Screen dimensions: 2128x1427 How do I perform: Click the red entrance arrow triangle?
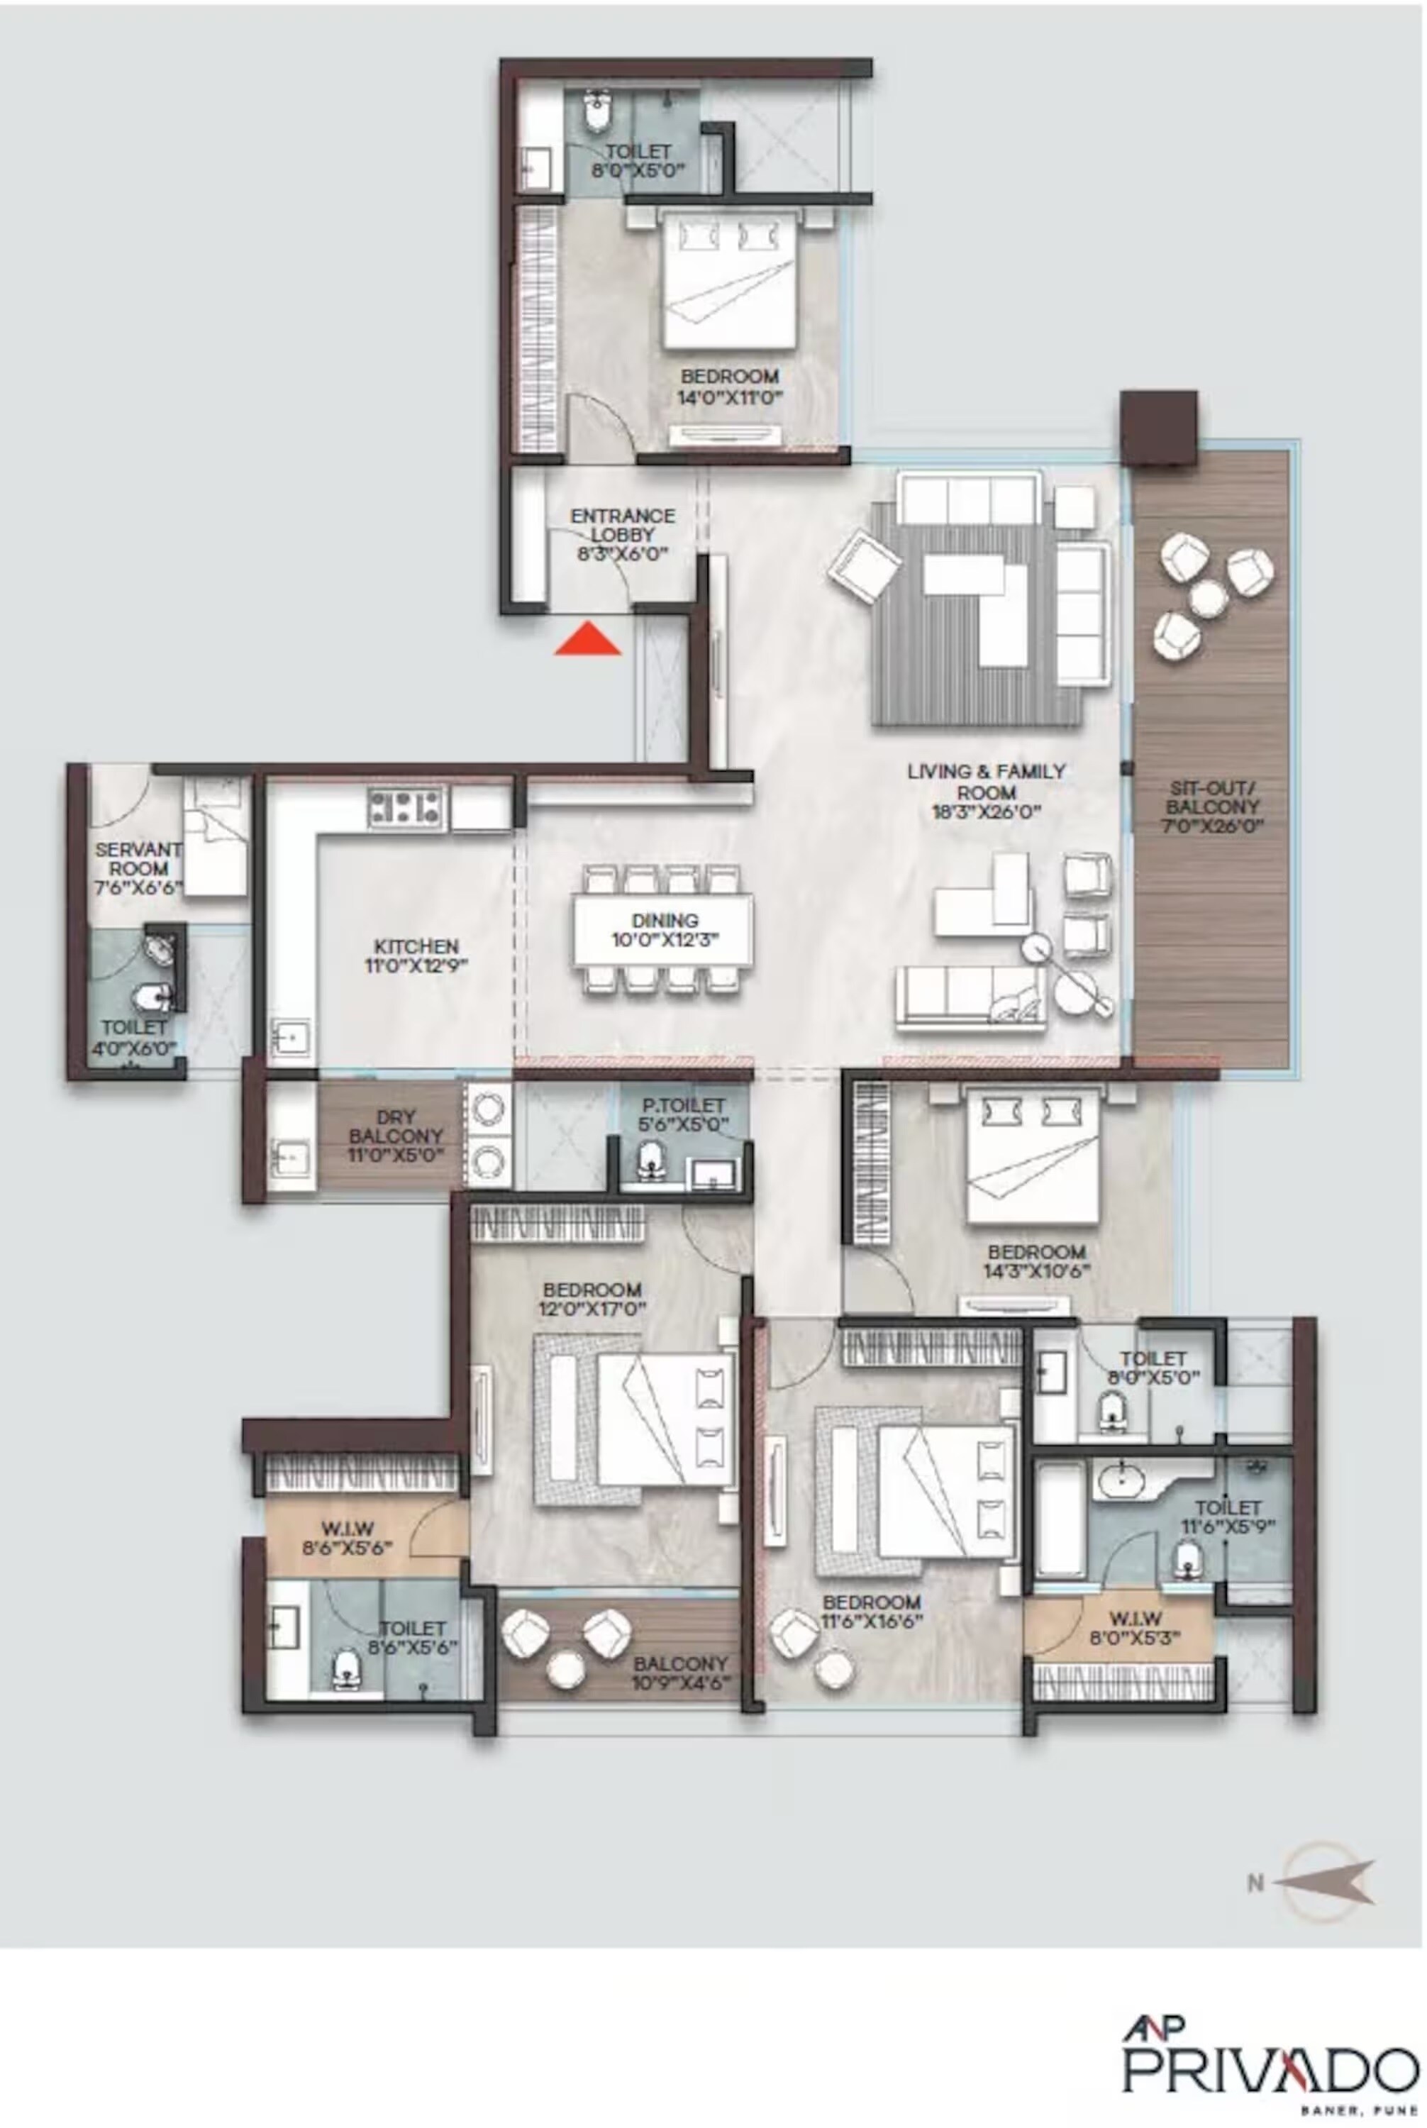(x=588, y=641)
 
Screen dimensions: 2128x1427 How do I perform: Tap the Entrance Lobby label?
(x=623, y=533)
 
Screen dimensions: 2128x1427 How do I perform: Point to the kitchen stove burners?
(x=405, y=807)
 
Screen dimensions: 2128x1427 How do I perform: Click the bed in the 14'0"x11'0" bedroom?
(x=730, y=282)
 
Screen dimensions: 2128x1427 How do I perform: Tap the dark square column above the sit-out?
(x=1157, y=428)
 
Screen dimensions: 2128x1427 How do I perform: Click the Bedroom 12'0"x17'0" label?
(x=592, y=1299)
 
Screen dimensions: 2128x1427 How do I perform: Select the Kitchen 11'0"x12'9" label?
(x=416, y=955)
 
